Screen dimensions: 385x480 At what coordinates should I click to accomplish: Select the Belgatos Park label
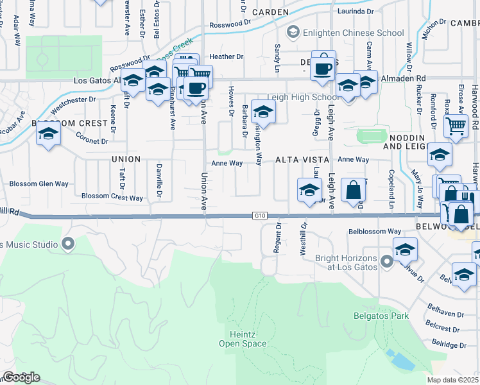[x=381, y=316]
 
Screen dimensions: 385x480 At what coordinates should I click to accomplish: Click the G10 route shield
[x=259, y=216]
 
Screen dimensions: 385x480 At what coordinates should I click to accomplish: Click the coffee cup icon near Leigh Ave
[x=323, y=66]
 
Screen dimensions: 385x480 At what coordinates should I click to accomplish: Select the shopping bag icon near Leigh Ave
[x=353, y=190]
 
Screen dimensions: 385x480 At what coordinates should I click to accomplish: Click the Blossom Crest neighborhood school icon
[x=48, y=135]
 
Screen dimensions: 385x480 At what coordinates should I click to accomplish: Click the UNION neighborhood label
[x=125, y=158]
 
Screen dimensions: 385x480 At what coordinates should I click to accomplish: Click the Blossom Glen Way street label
[x=39, y=184]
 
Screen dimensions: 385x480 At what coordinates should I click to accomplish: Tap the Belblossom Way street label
[x=375, y=231]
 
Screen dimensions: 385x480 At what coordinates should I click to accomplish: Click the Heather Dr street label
[x=227, y=56]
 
